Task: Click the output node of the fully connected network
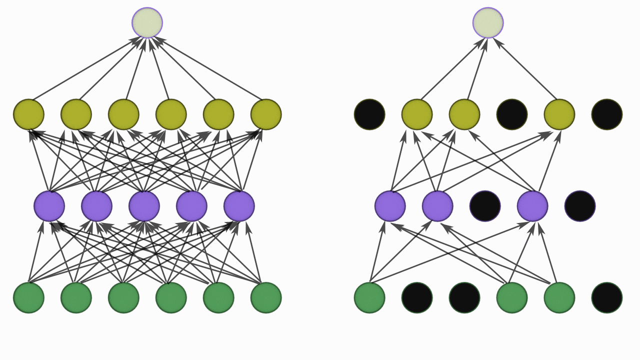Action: click(147, 22)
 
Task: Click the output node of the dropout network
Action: click(488, 22)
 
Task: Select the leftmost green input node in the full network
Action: click(28, 297)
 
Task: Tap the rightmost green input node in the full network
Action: click(266, 297)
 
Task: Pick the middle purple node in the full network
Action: click(144, 206)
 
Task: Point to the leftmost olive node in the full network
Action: click(28, 114)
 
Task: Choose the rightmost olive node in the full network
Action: click(266, 114)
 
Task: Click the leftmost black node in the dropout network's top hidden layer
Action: click(369, 114)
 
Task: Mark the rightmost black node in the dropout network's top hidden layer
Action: click(607, 114)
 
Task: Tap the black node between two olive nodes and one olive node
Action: click(512, 114)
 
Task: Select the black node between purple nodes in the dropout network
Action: click(485, 206)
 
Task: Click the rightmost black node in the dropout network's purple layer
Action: click(580, 206)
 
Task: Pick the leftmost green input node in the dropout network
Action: click(369, 297)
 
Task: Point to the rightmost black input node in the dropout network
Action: click(607, 297)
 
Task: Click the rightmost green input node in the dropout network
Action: click(559, 297)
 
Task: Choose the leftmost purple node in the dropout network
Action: click(390, 206)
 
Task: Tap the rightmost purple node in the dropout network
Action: click(532, 206)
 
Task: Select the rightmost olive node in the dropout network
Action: click(559, 114)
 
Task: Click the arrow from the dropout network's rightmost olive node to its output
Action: click(525, 68)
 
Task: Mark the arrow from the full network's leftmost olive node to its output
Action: click(85, 68)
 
